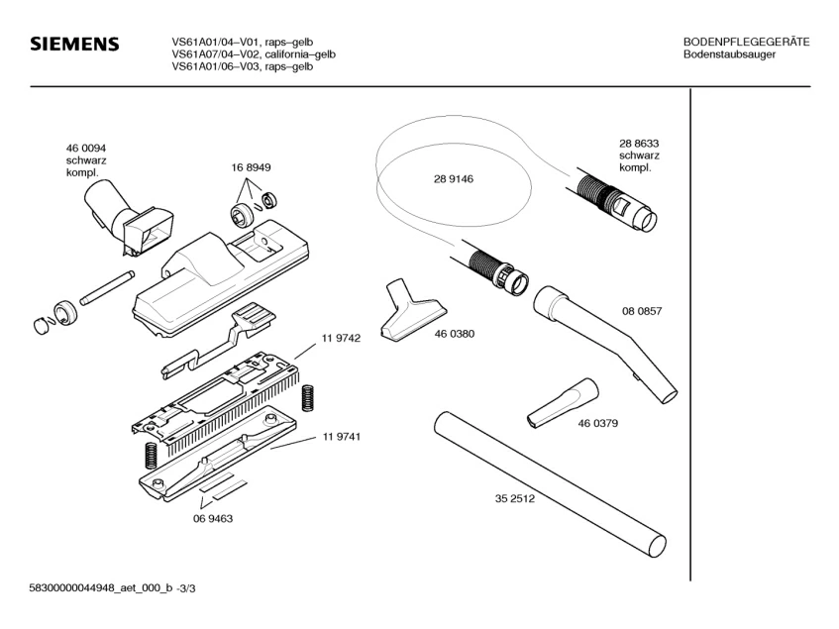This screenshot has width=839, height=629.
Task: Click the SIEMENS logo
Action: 74,45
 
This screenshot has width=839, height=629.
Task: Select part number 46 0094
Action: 86,148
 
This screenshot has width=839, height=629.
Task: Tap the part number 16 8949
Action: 252,167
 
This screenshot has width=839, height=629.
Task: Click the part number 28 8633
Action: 639,143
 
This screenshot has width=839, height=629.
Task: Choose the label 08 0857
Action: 641,311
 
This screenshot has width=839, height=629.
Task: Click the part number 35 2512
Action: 515,499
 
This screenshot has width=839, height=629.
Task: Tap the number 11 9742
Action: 340,338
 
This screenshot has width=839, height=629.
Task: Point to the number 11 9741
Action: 340,437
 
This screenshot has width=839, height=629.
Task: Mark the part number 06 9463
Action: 212,518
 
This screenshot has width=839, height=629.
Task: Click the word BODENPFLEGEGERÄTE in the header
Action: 746,42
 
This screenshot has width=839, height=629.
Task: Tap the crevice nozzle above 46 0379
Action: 563,401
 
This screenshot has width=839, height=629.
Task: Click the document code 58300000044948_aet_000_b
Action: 104,590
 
